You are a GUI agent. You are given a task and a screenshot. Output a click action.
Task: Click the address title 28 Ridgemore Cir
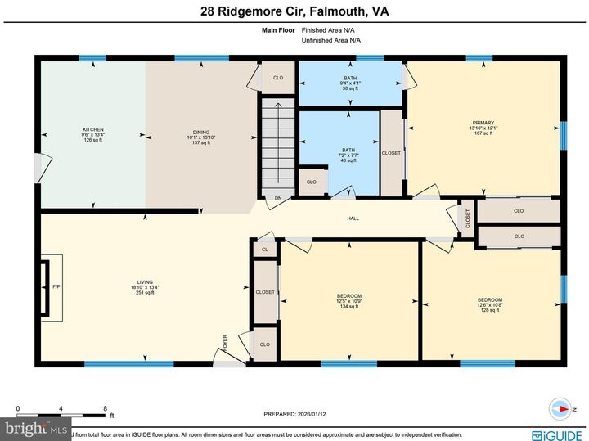tap(294, 11)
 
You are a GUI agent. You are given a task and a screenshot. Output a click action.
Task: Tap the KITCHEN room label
tap(93, 135)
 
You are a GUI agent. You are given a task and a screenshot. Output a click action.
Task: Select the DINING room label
tap(201, 137)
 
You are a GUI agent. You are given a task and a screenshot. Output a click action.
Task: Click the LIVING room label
tap(145, 286)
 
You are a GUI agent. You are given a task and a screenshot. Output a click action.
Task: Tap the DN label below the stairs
tap(278, 198)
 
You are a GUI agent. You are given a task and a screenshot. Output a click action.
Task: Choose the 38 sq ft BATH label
tap(350, 83)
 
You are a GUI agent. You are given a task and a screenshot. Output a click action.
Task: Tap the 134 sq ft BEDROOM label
tap(349, 300)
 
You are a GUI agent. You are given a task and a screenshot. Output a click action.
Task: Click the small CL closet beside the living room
tap(264, 250)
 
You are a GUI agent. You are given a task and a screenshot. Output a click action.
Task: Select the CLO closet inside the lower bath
tap(311, 182)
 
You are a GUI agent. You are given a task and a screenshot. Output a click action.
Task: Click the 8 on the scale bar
tap(105, 408)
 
